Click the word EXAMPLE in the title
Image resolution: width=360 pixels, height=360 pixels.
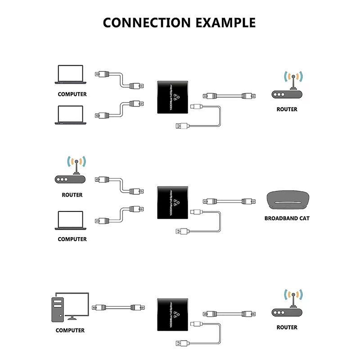(224, 22)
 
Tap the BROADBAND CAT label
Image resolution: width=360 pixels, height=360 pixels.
(287, 219)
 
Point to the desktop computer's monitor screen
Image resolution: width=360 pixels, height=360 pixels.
(77, 303)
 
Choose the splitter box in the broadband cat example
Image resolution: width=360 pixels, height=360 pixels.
(174, 203)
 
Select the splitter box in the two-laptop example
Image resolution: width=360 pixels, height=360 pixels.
(174, 97)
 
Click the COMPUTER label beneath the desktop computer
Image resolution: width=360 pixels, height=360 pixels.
(70, 330)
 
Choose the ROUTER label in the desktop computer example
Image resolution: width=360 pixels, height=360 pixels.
(287, 327)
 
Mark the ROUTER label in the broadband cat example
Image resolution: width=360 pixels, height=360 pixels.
(72, 195)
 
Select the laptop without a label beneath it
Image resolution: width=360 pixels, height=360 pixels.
(70, 115)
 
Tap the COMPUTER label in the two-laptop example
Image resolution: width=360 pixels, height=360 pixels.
(72, 94)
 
